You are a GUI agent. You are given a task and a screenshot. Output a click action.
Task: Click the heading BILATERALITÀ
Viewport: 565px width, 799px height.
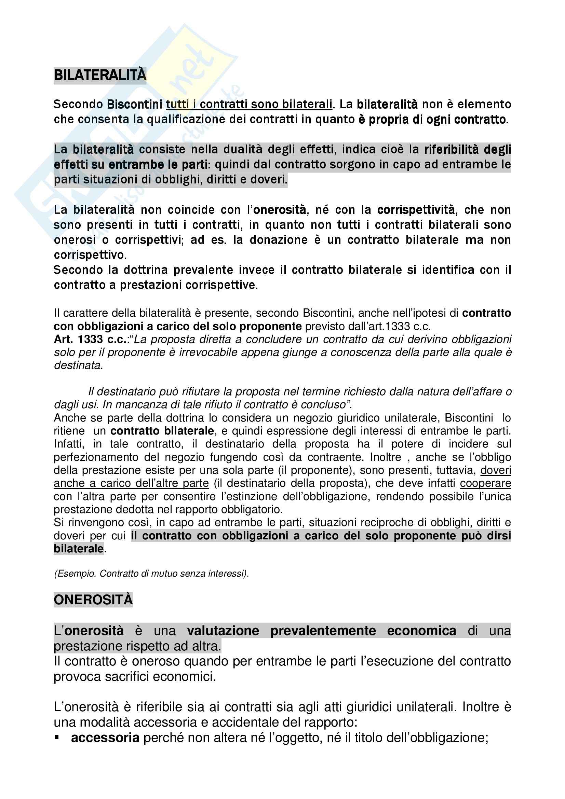(x=100, y=75)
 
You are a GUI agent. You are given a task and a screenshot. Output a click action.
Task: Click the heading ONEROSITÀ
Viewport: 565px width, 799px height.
(x=93, y=600)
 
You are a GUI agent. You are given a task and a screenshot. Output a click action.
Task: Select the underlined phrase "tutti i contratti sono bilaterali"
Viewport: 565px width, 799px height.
(x=249, y=104)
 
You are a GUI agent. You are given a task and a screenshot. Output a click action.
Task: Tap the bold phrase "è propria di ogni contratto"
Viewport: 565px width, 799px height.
(x=437, y=119)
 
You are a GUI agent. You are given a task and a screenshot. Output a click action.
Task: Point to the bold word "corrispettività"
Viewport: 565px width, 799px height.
(x=416, y=210)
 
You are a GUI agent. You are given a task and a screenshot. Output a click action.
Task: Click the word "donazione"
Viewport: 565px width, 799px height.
(x=279, y=240)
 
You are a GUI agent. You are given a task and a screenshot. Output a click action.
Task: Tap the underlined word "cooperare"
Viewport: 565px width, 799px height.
(x=485, y=483)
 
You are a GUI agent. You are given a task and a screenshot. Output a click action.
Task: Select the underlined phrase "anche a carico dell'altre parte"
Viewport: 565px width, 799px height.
(x=131, y=483)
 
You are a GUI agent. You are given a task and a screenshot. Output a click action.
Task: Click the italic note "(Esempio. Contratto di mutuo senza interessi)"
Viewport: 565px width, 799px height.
(x=151, y=574)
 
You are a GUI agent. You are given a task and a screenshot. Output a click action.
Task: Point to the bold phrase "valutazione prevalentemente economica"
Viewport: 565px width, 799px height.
(x=321, y=631)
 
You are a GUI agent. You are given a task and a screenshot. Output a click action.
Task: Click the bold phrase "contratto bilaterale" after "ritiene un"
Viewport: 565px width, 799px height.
(x=162, y=431)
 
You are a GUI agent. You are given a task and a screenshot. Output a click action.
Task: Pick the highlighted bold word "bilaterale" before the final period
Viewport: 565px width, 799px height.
(x=79, y=549)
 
